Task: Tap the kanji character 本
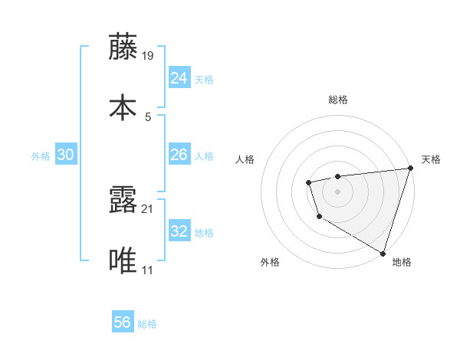coord(123,107)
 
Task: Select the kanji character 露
coord(123,200)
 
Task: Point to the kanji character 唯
coord(123,261)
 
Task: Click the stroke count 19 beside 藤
coord(148,56)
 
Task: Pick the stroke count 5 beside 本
coord(148,117)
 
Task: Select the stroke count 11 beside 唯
coord(148,270)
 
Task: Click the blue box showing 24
coord(179,77)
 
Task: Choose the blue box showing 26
coord(179,155)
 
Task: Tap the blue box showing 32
coord(179,231)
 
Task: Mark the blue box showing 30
coord(65,155)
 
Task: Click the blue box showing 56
coord(123,322)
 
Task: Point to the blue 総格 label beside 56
coord(148,324)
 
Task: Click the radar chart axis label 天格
coord(431,159)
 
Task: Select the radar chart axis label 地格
coord(402,262)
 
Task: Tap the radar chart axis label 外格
coord(270,262)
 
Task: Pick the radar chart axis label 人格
coord(245,159)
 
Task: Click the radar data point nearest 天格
coord(409,169)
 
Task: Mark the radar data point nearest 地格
coord(382,252)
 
